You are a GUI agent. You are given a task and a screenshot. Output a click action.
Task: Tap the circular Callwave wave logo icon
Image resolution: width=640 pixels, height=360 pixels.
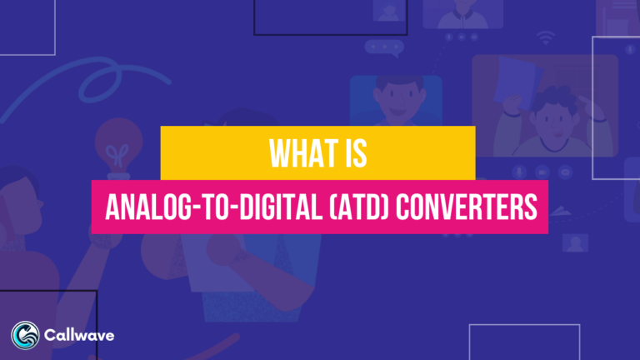[x=24, y=335]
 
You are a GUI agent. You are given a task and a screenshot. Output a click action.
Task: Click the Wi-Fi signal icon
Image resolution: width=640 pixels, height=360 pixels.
[x=547, y=37]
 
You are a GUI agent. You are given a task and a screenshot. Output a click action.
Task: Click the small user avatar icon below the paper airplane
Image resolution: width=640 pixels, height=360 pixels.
[x=575, y=242]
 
